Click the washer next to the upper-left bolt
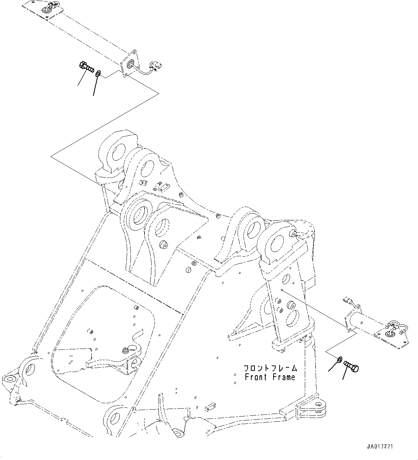(x=98, y=74)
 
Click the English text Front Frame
(x=270, y=377)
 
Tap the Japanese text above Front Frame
(x=270, y=368)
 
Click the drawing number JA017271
(x=380, y=447)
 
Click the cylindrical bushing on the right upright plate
(x=290, y=306)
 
